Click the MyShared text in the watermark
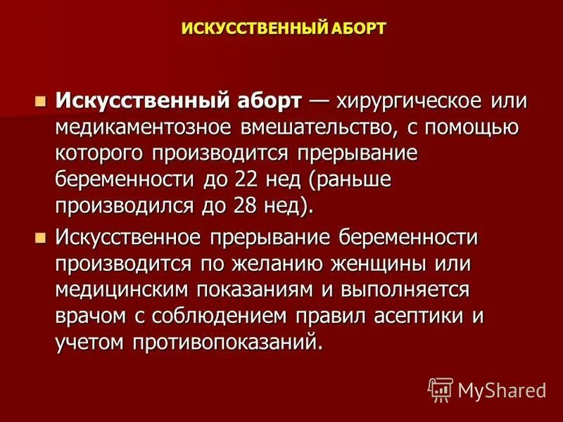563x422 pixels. [x=502, y=389]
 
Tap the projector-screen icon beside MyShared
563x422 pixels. [x=441, y=389]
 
